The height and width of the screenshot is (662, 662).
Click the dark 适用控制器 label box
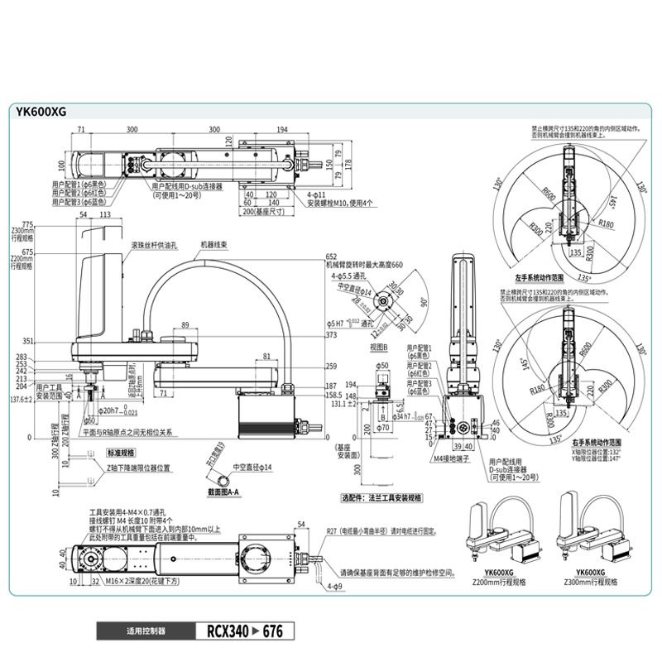[146, 631]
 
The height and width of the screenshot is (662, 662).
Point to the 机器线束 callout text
[214, 246]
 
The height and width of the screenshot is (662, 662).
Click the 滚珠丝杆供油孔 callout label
[155, 246]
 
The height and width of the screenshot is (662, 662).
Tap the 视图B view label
[379, 347]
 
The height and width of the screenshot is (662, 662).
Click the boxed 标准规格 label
[120, 453]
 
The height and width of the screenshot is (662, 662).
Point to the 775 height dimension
[27, 224]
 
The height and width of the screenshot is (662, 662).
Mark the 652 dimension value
[332, 257]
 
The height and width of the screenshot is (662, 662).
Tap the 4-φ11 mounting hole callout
[319, 194]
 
